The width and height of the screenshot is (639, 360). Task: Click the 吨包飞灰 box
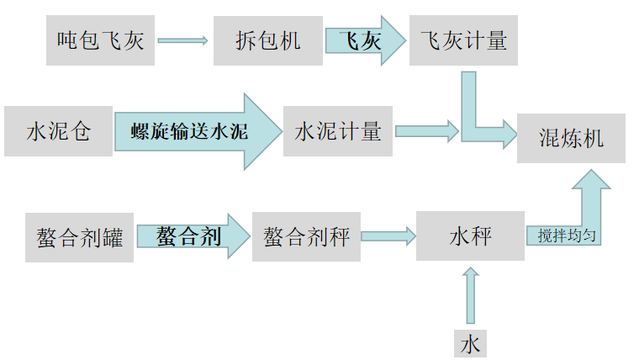coord(100,40)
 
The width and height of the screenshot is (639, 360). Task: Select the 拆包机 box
coord(269,40)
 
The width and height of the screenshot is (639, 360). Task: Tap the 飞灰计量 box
coord(463,40)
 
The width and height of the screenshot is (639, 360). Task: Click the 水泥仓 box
coord(58,131)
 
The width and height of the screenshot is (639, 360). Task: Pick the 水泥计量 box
coord(338,131)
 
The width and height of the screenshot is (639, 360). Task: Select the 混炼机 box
coord(571,138)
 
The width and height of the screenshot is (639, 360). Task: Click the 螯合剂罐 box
coord(79,237)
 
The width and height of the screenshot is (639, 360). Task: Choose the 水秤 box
coord(470,236)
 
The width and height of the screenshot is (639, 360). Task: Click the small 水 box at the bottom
coord(470,343)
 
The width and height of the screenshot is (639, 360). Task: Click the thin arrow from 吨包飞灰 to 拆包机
coord(182,40)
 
